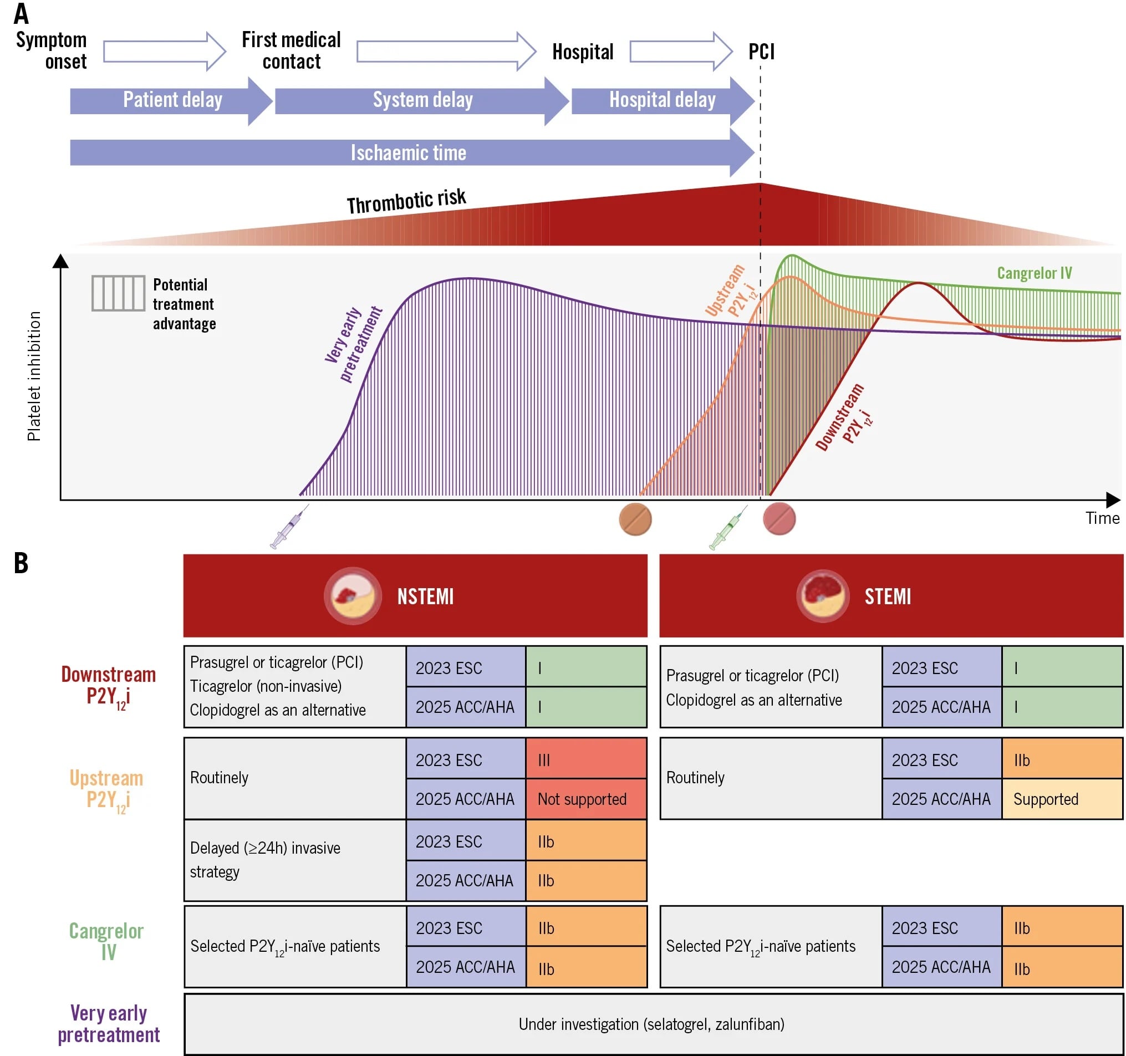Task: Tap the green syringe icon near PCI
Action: [x=728, y=528]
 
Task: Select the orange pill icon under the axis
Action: [x=635, y=519]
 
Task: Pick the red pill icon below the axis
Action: [x=779, y=519]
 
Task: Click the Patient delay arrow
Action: [x=170, y=100]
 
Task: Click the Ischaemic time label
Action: [x=408, y=153]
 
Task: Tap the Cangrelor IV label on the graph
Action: [x=1033, y=273]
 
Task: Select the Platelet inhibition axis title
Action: [x=34, y=376]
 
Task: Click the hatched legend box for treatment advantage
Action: [x=118, y=293]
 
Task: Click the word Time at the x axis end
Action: [x=1102, y=518]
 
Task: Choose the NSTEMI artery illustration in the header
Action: [x=352, y=596]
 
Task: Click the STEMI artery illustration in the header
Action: [x=822, y=596]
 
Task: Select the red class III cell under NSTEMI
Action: [x=585, y=759]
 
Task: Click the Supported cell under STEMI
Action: [x=1062, y=799]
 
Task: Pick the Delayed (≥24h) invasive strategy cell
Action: [x=294, y=860]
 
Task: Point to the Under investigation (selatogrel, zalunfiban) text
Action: [x=651, y=1024]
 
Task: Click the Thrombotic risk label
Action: [x=406, y=201]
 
